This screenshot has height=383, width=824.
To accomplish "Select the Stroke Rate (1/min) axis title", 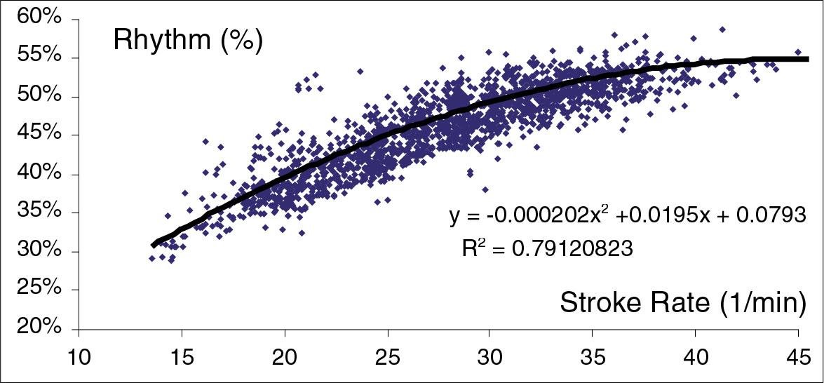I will (x=682, y=303).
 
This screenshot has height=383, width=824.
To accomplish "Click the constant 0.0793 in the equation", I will (x=768, y=217).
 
